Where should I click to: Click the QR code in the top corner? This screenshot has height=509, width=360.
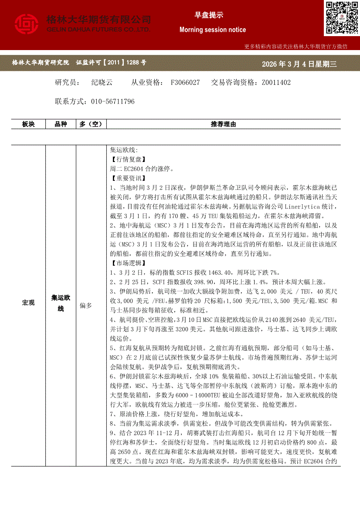tap(341, 18)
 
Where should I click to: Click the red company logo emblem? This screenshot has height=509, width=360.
tap(27, 24)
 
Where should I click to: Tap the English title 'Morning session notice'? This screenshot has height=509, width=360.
tap(213, 30)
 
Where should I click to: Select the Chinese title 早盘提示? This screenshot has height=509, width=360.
tap(209, 15)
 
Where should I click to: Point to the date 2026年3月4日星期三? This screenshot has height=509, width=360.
tap(299, 64)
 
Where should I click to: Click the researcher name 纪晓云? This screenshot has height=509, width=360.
tap(102, 82)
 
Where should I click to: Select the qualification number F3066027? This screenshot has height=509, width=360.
tap(185, 82)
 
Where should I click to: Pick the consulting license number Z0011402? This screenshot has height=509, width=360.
tap(276, 82)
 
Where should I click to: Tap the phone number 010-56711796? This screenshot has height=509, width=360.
tap(113, 101)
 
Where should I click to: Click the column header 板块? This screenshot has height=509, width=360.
tap(29, 125)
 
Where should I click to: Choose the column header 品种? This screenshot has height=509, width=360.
tap(61, 125)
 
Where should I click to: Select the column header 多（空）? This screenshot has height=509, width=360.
tap(91, 125)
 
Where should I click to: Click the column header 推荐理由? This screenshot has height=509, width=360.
tap(223, 125)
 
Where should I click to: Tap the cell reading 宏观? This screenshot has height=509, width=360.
tap(29, 303)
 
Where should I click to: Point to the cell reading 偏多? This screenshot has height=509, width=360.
tap(86, 306)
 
